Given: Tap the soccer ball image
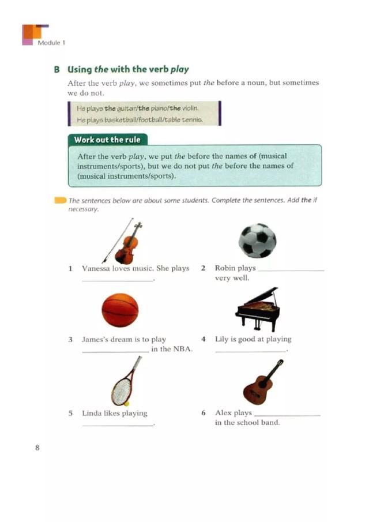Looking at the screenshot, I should pos(257,241).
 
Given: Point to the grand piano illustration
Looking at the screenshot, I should pos(258,310).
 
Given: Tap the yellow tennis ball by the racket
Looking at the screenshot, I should pos(126,404).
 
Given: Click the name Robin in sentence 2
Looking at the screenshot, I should pos(225,268).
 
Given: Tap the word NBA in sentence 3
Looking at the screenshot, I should pos(182,349).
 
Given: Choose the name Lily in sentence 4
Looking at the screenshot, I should pos(223,339).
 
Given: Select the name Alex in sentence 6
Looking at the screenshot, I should pos(224,413).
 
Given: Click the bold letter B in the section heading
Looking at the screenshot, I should pos(57,69).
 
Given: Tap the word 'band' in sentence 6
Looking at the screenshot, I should pos(270,423).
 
